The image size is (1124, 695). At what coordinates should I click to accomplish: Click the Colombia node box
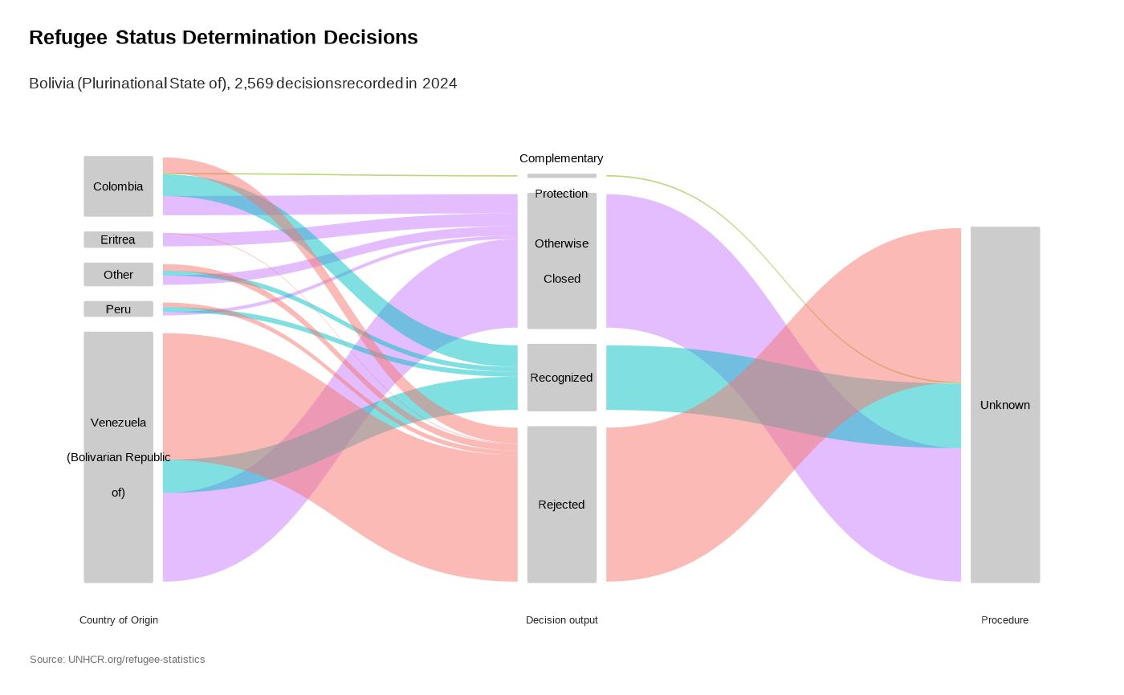click(x=118, y=186)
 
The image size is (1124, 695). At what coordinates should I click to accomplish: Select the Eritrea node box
click(x=118, y=239)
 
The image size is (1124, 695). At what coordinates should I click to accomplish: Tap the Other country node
click(x=118, y=274)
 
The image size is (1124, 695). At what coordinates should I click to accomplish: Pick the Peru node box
click(x=118, y=309)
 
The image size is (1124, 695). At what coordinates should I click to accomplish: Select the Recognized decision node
click(x=561, y=378)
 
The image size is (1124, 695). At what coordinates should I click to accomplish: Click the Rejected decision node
click(x=561, y=505)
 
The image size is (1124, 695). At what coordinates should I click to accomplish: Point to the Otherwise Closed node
click(x=561, y=261)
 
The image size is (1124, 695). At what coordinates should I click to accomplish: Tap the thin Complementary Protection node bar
click(x=561, y=175)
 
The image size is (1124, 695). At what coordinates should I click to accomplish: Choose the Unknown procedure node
click(x=1004, y=405)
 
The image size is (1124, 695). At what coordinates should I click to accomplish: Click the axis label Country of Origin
click(x=119, y=620)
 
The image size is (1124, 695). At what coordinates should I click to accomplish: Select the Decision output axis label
click(x=561, y=620)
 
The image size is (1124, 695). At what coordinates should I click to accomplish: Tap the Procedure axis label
click(x=1004, y=620)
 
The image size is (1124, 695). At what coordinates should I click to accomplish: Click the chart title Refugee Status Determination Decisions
click(x=223, y=38)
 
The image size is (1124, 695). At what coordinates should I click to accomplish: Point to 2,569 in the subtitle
click(x=253, y=84)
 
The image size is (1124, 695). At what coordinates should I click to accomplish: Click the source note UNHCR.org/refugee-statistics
click(x=117, y=660)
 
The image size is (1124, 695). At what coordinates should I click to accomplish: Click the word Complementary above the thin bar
click(x=561, y=158)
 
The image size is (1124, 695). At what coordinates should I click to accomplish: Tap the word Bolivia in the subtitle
click(x=51, y=84)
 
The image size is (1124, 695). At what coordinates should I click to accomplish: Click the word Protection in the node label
click(x=561, y=194)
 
